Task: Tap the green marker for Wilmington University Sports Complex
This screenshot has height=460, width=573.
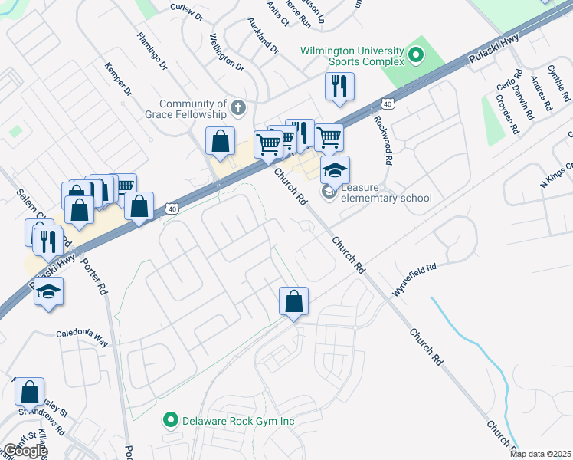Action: (416, 54)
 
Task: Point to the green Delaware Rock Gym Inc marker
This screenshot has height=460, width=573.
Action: (171, 420)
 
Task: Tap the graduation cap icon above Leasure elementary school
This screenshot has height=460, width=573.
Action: (335, 169)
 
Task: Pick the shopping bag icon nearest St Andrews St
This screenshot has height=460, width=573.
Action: (29, 392)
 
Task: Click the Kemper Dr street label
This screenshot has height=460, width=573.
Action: (119, 80)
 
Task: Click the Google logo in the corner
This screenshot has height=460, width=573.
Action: (25, 451)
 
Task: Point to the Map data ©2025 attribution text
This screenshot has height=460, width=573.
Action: (539, 454)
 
